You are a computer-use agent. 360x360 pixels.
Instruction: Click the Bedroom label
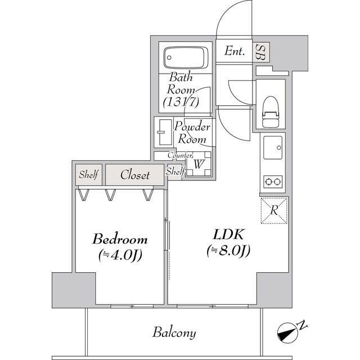pos(120,238)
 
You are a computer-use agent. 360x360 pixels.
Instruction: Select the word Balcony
pos(174,332)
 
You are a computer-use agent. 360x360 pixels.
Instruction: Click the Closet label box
pos(135,175)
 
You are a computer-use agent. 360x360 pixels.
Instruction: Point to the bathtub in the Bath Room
pos(186,57)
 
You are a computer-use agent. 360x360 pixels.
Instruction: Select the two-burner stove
pos(273,182)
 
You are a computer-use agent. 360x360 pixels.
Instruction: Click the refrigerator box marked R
pos(274,210)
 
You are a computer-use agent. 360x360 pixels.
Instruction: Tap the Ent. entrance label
pos(235,51)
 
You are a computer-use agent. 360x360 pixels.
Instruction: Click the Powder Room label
pos(192,133)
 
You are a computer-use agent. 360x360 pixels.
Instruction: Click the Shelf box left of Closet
pos(88,175)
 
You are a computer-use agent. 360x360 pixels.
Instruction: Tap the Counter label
pos(180,155)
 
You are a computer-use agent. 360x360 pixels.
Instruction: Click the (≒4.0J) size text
pos(120,254)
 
